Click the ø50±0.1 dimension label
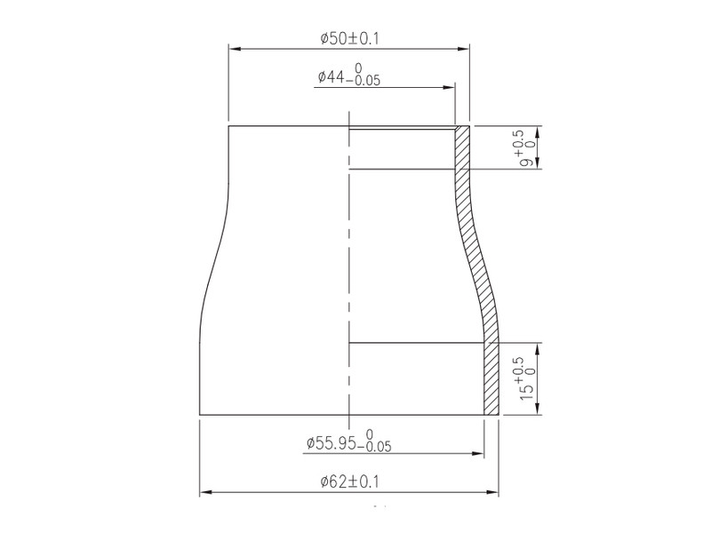coord(349,38)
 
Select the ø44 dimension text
coord(331,77)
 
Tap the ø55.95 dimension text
coord(331,442)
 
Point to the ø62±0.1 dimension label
coord(349,481)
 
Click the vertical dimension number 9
coord(527,162)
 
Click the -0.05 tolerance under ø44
coord(363,82)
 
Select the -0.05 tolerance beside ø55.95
coord(374,448)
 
